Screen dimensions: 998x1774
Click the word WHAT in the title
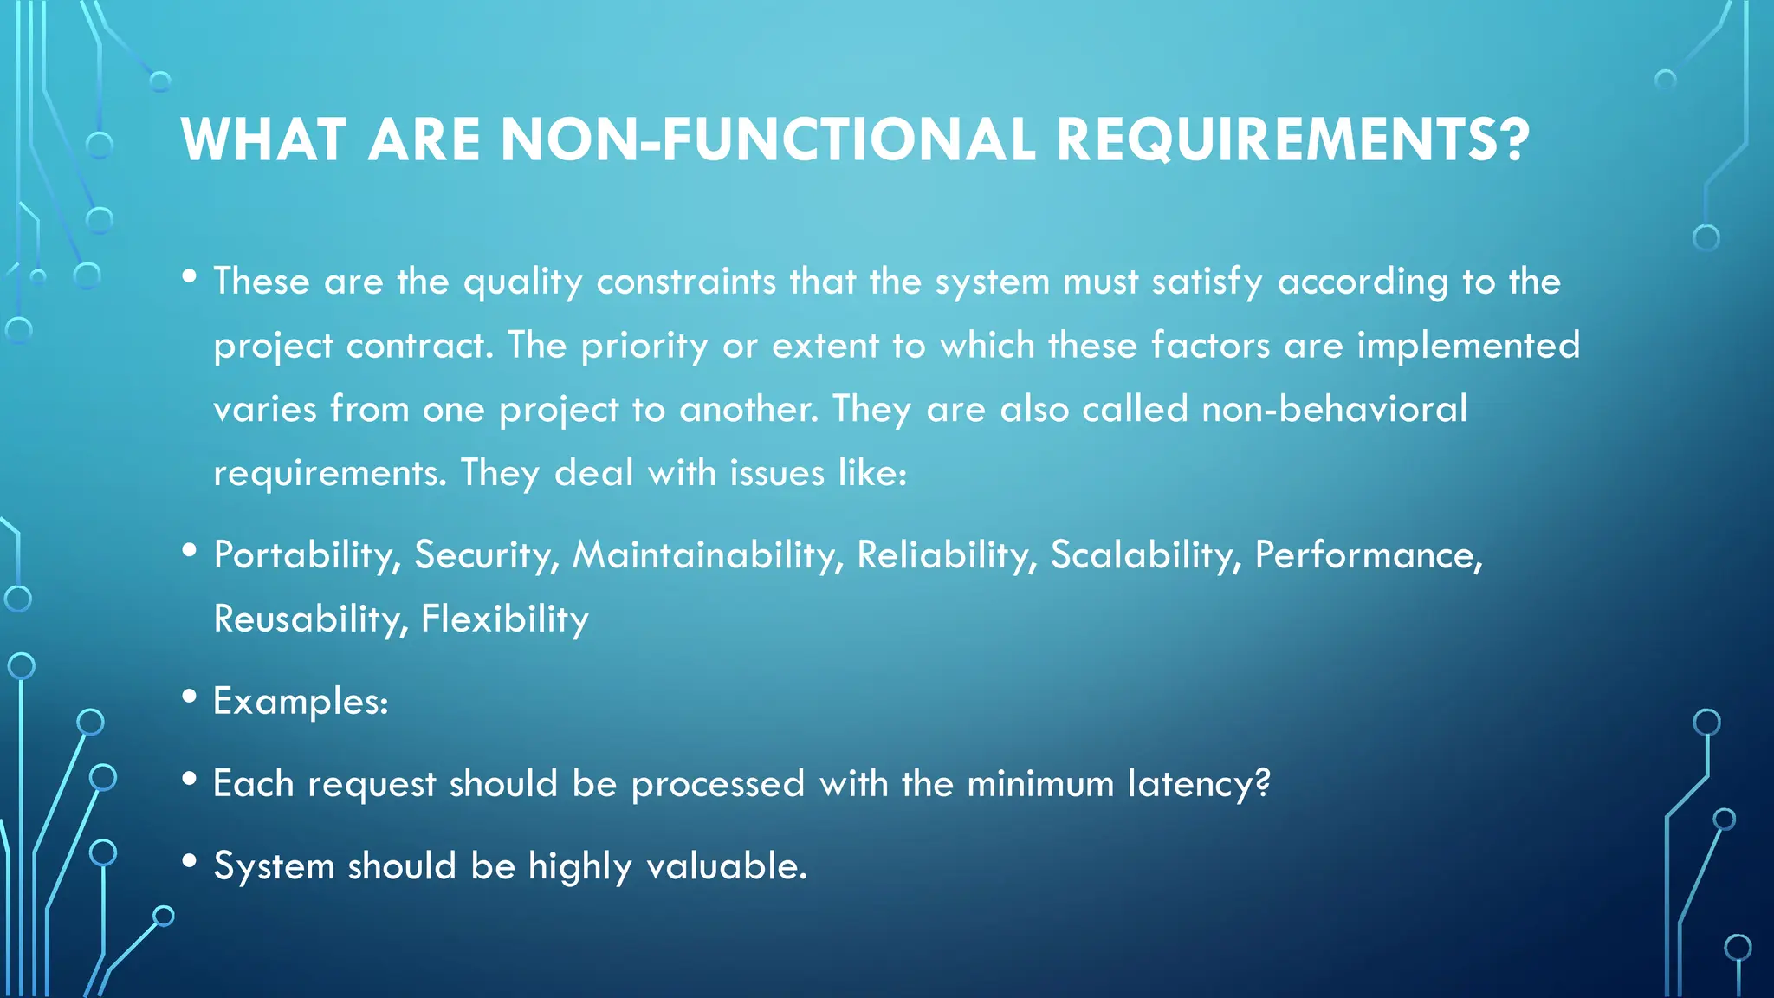pyautogui.click(x=263, y=139)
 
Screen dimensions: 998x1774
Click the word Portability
pyautogui.click(x=307, y=555)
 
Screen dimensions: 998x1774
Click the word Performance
pyautogui.click(x=1368, y=555)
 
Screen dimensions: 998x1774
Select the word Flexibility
pyautogui.click(x=504, y=619)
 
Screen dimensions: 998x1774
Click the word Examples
pyautogui.click(x=300, y=701)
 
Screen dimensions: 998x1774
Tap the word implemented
pyautogui.click(x=1468, y=345)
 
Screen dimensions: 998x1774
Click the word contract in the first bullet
pyautogui.click(x=419, y=345)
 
